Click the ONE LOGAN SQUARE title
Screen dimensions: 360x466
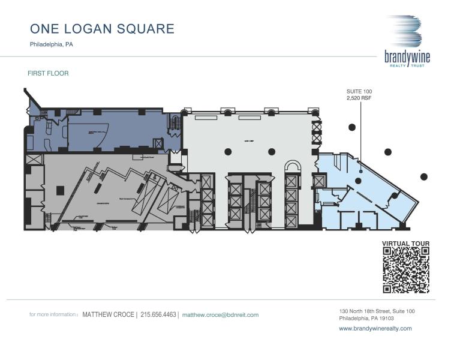point(102,28)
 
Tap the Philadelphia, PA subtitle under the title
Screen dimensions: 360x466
point(52,44)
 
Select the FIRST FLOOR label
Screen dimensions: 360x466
point(48,73)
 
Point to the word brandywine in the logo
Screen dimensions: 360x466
point(407,58)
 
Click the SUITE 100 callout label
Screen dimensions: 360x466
point(359,91)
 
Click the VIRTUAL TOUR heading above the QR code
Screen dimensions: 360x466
point(406,244)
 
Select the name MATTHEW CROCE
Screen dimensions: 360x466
point(109,314)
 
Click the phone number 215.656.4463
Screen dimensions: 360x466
point(158,314)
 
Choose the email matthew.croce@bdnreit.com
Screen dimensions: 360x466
point(220,314)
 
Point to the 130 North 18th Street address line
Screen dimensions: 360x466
point(377,311)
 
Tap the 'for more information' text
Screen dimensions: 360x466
point(53,314)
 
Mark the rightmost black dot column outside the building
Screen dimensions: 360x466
point(424,176)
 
